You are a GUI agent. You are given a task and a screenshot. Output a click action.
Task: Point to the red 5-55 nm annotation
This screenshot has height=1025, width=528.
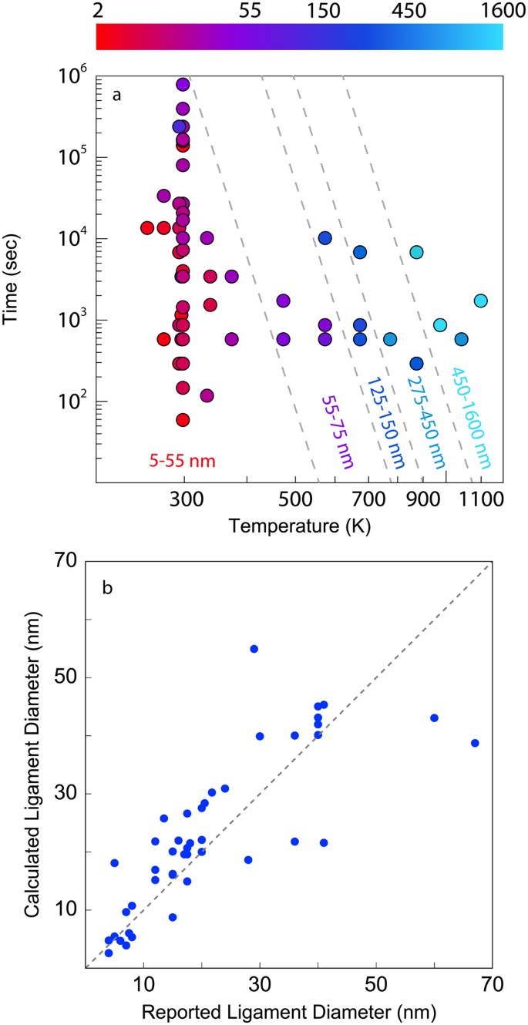pyautogui.click(x=182, y=462)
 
